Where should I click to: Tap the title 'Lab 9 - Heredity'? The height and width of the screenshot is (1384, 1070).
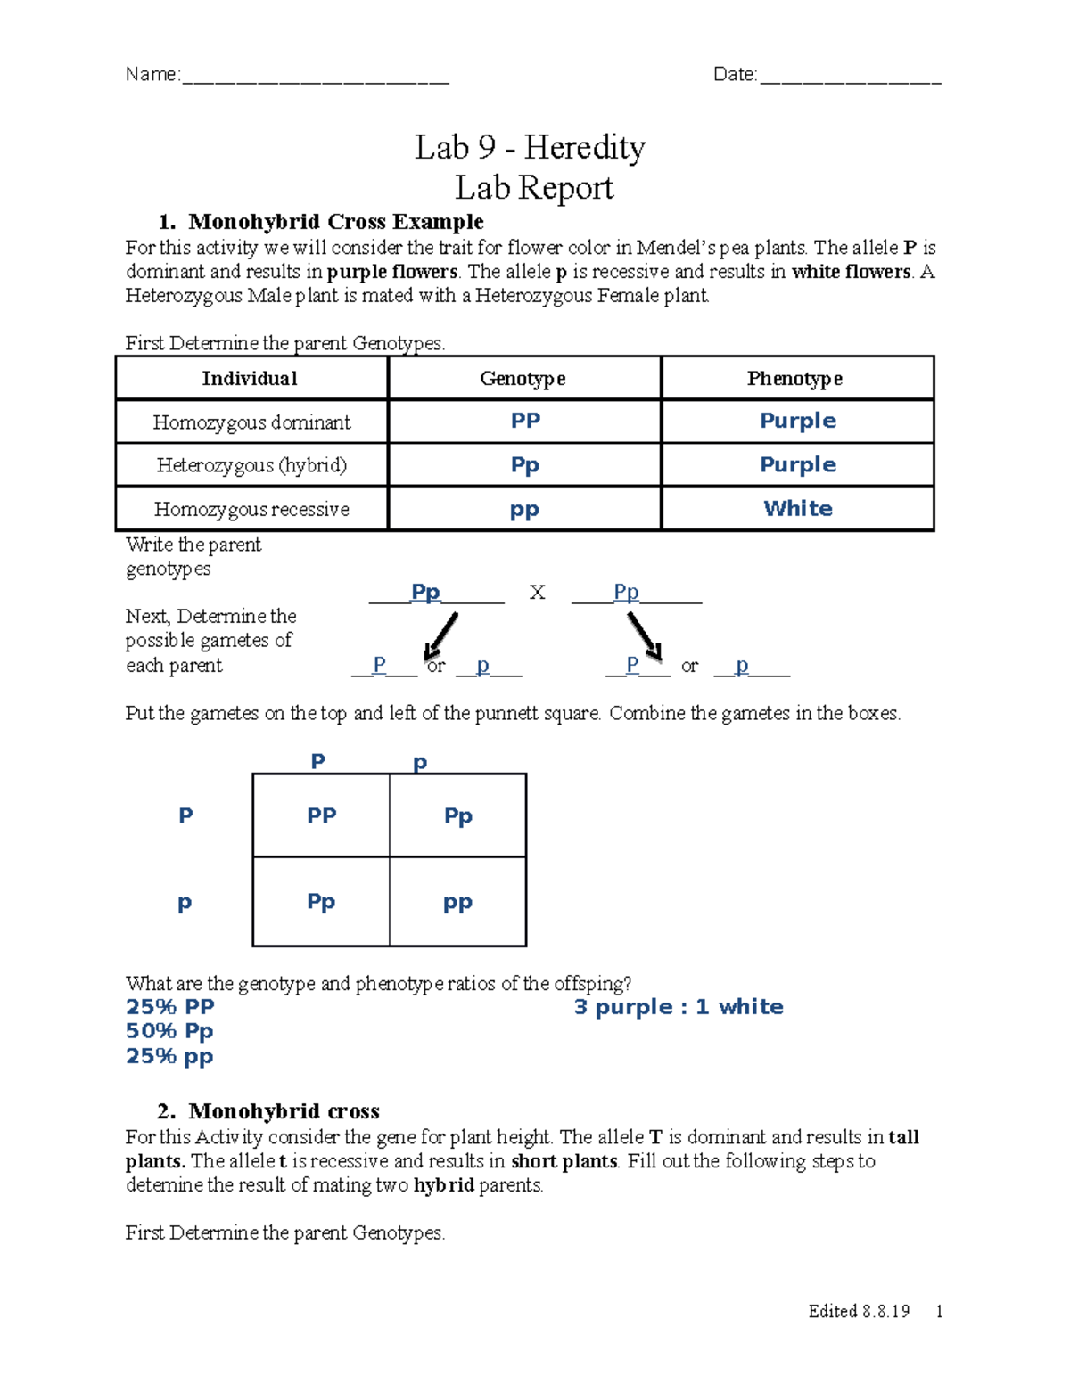pos(530,147)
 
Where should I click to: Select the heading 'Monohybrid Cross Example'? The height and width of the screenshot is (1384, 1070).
pos(335,221)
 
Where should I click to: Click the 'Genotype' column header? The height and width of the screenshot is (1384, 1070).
pos(523,379)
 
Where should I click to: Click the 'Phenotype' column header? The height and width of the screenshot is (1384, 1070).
pos(794,379)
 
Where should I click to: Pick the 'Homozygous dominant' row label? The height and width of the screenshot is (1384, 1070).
pos(251,422)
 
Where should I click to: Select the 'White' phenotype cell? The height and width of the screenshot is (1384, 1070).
pos(797,509)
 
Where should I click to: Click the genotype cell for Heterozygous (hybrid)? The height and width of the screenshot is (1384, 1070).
pos(524,465)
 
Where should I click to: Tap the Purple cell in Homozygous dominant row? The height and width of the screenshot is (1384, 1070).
pos(797,421)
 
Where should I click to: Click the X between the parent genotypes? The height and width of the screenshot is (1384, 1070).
pos(537,593)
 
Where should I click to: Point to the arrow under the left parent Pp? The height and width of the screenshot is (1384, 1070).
pos(441,635)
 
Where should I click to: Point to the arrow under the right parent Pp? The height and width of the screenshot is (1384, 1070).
pos(644,637)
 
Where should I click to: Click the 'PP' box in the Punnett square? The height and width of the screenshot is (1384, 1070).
pos(321,815)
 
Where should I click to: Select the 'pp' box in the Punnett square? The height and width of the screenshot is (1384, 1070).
pos(457,903)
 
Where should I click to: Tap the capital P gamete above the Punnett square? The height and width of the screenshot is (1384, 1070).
pos(317,761)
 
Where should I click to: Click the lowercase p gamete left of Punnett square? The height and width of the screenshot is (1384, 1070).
pos(185,903)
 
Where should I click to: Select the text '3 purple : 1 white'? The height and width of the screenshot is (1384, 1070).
pos(678,1007)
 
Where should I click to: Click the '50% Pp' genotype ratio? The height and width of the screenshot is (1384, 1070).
pos(169,1031)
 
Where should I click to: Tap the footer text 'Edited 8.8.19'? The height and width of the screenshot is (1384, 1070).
pos(859,1311)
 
